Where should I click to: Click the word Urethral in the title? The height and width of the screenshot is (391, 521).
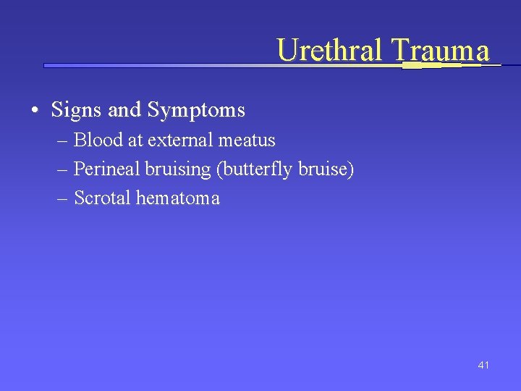click(330, 50)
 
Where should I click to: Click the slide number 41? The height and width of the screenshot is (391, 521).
click(483, 365)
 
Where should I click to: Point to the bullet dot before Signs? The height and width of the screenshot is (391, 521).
click(35, 111)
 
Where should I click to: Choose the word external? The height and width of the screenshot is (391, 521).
click(177, 140)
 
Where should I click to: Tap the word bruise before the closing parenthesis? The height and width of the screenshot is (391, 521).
click(326, 169)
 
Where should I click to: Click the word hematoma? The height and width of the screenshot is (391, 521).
click(177, 198)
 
